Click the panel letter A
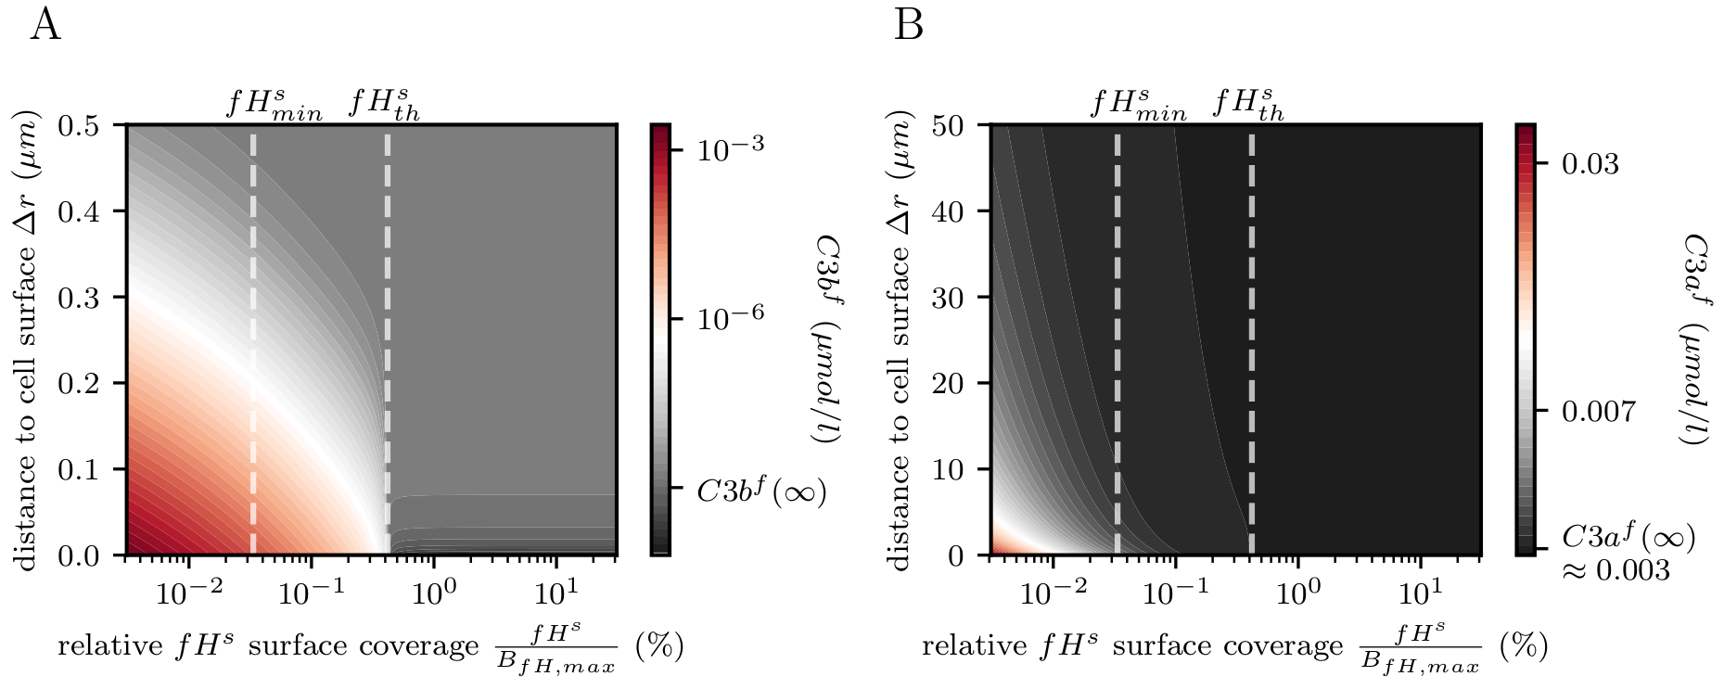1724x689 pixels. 45,26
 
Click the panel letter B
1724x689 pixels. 908,26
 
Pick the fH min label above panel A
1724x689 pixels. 275,104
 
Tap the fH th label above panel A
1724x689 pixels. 384,104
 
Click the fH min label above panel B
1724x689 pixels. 1138,104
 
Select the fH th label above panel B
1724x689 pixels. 1248,104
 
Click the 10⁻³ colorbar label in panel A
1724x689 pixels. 731,148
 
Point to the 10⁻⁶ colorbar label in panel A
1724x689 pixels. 731,317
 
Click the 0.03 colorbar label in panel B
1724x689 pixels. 1590,163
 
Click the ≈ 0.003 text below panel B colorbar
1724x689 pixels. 1615,569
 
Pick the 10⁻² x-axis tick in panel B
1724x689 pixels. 1053,592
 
